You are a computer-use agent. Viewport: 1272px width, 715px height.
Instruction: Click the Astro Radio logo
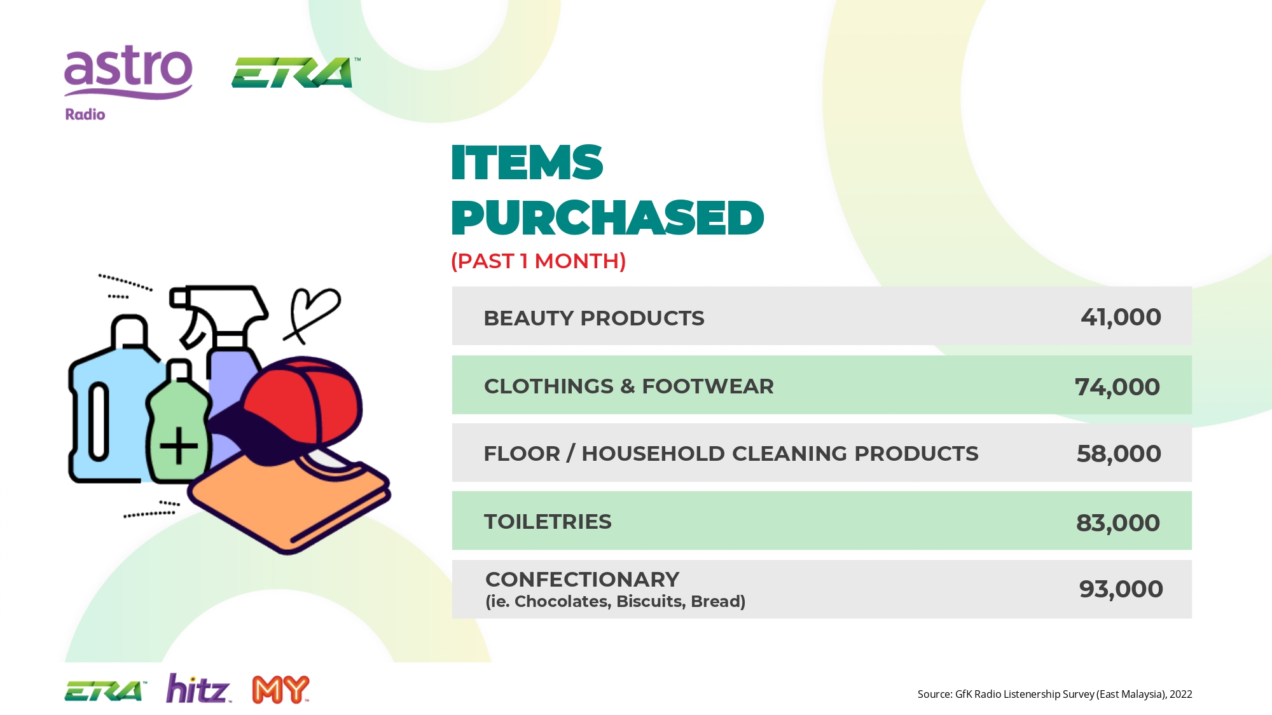coord(128,83)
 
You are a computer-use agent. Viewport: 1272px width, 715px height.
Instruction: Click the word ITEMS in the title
coord(527,162)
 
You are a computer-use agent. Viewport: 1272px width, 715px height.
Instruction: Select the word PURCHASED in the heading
coord(607,218)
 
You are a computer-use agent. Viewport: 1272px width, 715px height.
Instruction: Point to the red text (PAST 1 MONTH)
coord(539,261)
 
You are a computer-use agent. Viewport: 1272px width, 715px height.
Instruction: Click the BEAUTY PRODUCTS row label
coord(594,318)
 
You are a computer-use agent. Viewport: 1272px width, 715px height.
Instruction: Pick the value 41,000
coord(1121,317)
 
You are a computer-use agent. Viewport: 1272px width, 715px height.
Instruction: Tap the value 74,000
coord(1117,386)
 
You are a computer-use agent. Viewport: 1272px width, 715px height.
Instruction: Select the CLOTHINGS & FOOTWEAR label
coord(629,386)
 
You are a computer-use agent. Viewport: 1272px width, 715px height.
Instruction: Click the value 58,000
coord(1119,454)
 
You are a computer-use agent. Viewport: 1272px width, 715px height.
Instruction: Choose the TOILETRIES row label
coord(548,521)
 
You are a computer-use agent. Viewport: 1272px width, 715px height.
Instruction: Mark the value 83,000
coord(1118,523)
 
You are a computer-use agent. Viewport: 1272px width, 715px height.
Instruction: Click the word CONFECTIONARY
coord(583,579)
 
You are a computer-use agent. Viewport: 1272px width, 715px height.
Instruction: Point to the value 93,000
coord(1121,589)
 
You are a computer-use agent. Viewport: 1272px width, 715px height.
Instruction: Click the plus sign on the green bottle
coord(179,445)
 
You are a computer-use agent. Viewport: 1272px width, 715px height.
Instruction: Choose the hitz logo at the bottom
coord(198,688)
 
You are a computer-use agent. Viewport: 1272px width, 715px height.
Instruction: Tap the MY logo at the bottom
coord(280,690)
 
